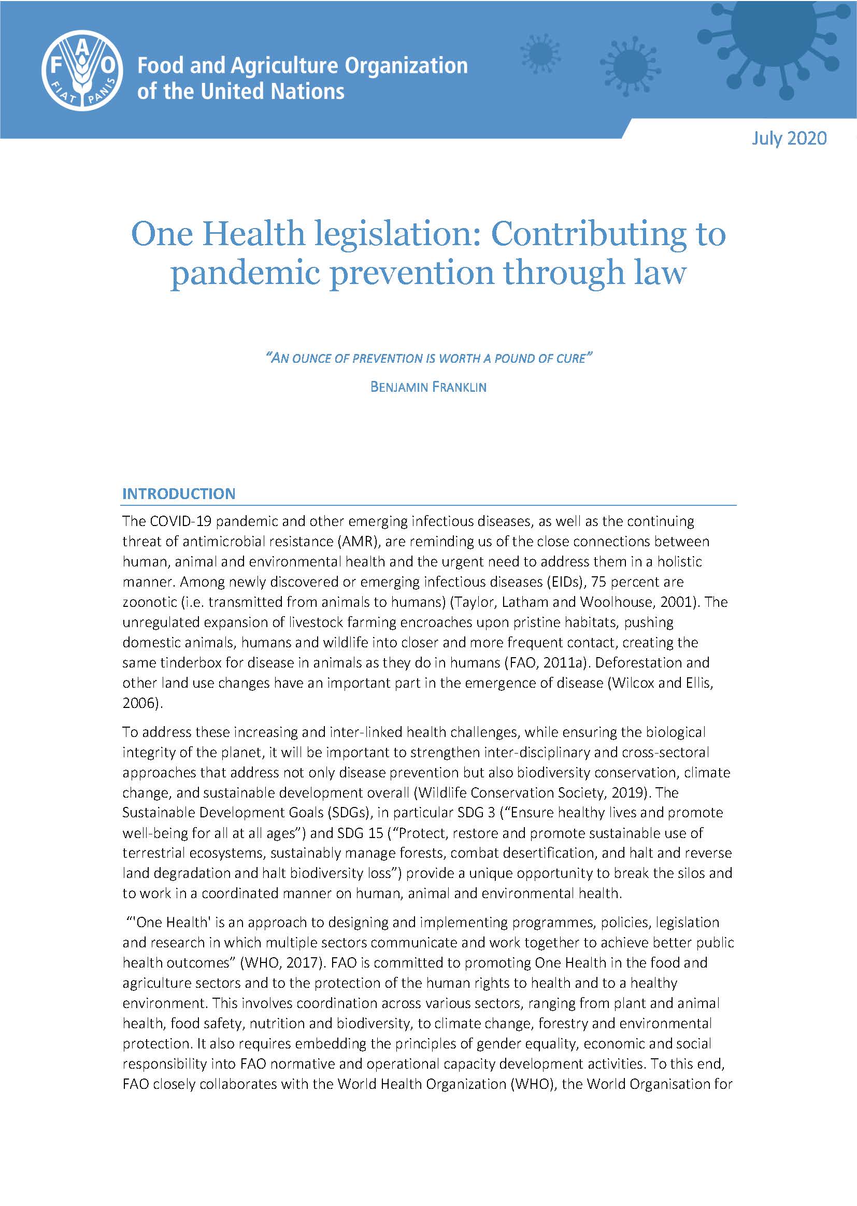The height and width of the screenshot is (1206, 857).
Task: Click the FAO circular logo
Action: coord(82,69)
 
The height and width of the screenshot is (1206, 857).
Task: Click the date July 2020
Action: coord(789,138)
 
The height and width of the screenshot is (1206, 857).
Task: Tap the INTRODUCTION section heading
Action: coord(179,494)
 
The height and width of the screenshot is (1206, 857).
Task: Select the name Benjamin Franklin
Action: coord(428,387)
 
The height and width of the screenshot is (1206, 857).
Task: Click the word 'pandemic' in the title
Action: coord(246,274)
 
